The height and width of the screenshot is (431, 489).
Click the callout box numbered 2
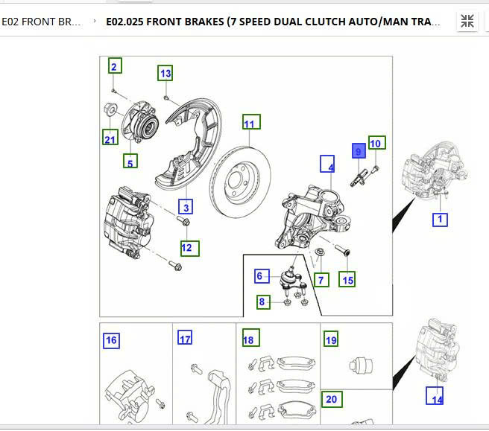114,66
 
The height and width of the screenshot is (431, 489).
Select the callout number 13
165,73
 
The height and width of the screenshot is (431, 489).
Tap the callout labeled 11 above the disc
250,124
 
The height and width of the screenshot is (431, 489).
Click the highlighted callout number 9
359,152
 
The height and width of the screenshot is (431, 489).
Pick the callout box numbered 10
376,143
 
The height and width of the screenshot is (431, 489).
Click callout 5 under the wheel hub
130,162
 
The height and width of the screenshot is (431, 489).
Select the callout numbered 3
186,206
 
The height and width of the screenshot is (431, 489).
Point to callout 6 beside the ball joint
260,276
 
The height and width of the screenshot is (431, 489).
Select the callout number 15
347,279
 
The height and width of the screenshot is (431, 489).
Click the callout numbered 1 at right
441,219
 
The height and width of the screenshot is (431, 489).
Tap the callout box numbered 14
437,398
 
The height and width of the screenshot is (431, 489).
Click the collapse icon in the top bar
467,21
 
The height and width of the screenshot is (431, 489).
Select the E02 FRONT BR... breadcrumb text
42,22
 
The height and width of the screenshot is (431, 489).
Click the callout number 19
331,340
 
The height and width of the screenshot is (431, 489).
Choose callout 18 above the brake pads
249,340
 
